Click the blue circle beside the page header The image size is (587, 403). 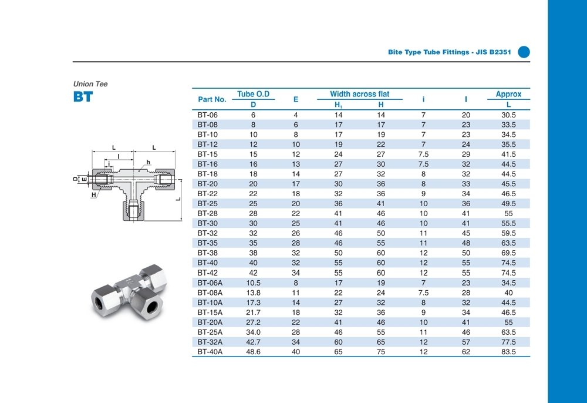pos(524,52)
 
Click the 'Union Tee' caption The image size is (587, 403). pos(90,84)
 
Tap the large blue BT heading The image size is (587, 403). pos(83,97)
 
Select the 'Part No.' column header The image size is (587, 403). pos(212,99)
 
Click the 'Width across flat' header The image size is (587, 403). pos(359,94)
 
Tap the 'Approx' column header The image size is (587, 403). pos(508,94)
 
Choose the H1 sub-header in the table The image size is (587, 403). pos(338,105)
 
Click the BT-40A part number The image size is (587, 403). pos(210,352)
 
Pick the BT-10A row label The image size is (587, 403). pos(210,303)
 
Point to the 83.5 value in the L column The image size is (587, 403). pos(508,352)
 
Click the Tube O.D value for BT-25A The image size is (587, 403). pos(254,332)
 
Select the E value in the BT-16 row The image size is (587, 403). pos(296,164)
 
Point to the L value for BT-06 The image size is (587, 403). pos(508,115)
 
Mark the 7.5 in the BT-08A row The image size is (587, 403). pos(423,293)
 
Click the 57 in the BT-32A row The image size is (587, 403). pos(466,342)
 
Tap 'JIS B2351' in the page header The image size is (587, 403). pos(494,52)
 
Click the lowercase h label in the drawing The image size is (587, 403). pos(149,162)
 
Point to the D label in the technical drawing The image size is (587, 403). pos(75,178)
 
